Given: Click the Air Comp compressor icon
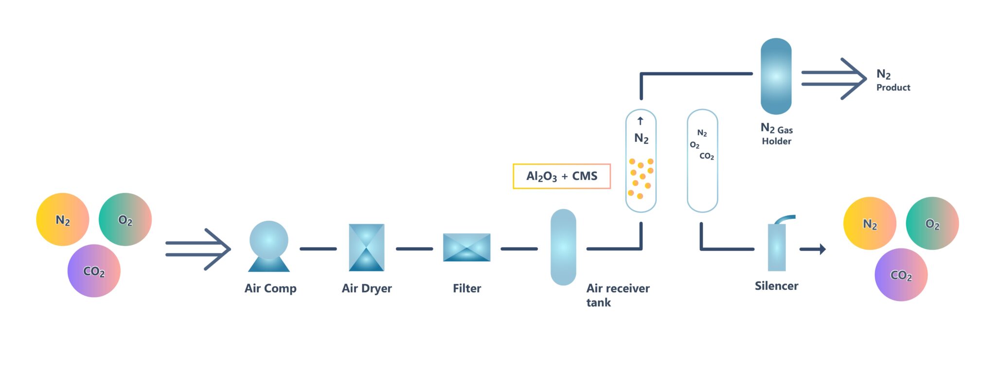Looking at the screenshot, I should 269,246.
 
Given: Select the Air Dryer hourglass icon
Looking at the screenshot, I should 367,247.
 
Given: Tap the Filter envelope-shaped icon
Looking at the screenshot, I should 466,248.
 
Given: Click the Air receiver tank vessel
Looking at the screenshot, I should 563,247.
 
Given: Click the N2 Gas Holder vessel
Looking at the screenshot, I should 776,76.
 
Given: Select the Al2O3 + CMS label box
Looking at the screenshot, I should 562,176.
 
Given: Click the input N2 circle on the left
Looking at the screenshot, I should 63,220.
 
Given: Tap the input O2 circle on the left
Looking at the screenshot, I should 125,220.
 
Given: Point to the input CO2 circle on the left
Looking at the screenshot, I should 94,271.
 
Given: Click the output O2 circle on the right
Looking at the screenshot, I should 932,224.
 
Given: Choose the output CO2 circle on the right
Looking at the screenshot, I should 901,275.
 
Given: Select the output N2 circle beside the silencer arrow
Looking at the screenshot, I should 870,224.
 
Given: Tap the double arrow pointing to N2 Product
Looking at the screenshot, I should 834,79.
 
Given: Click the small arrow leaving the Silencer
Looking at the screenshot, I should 813,249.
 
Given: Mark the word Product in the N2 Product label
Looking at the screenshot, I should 893,88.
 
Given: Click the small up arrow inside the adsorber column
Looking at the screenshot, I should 640,121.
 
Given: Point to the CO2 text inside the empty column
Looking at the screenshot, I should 707,156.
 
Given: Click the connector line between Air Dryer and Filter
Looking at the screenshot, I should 414,249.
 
